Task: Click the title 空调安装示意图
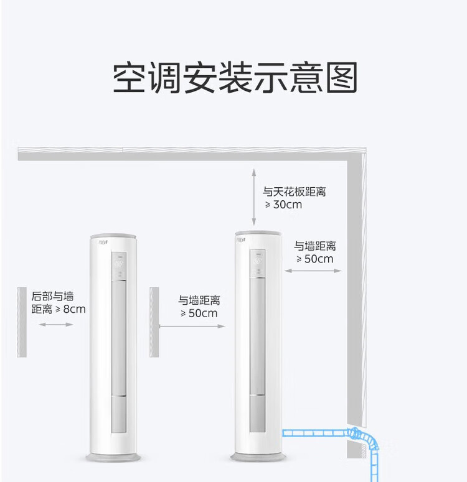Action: point(235,77)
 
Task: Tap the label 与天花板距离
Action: point(294,192)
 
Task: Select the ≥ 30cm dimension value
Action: point(283,205)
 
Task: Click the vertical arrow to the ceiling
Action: point(253,197)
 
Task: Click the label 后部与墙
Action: point(52,296)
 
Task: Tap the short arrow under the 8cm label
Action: point(56,324)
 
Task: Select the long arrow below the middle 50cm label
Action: point(192,326)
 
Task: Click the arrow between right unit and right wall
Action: point(313,271)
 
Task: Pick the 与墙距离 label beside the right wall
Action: point(314,246)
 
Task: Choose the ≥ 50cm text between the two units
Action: point(199,313)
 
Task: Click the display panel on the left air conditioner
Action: point(119,266)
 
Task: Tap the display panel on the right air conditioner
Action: point(257,264)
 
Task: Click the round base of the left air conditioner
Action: point(113,457)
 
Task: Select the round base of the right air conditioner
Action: point(258,457)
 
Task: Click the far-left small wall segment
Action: point(22,322)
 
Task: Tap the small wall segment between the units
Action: point(154,322)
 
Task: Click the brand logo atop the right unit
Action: point(241,240)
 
